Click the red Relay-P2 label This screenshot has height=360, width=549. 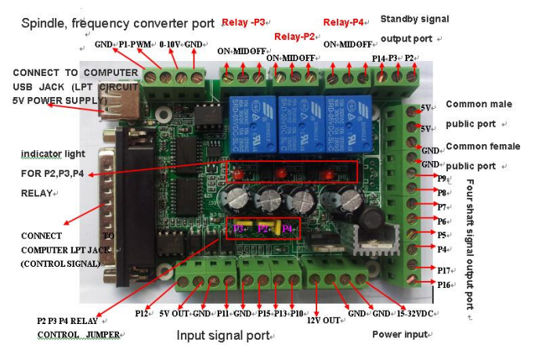294,36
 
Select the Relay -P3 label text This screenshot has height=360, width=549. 244,22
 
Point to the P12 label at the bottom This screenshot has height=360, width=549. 142,313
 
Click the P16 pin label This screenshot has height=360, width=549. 443,284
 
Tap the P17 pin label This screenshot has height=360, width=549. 443,269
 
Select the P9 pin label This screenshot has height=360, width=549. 442,178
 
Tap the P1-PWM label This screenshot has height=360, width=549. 134,45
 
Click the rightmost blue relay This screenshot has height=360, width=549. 348,118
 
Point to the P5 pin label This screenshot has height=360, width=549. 442,235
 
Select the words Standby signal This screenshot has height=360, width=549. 410,18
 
